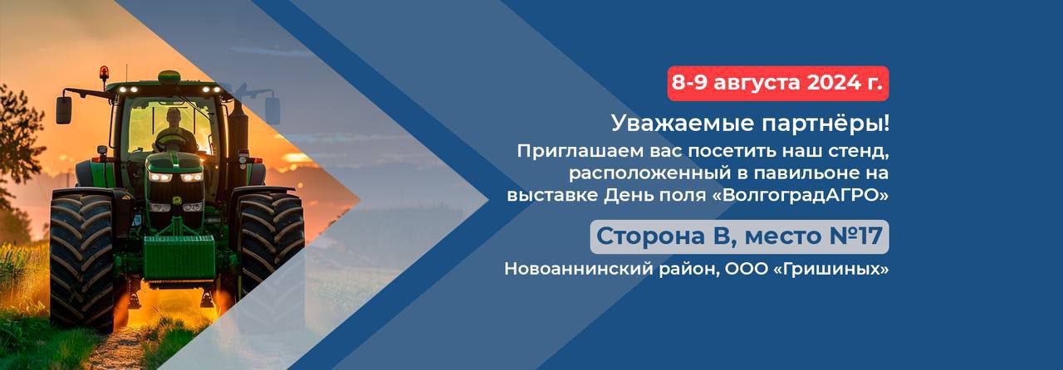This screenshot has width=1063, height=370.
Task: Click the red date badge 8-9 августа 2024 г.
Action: (778, 84)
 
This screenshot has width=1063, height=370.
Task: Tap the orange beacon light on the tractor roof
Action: (104, 72)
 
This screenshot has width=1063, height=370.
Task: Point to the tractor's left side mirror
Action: (64, 110)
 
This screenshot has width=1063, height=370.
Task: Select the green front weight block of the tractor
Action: (179, 257)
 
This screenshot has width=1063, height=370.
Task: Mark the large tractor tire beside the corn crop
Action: (81, 260)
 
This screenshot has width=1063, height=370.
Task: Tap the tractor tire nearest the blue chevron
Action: (271, 249)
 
